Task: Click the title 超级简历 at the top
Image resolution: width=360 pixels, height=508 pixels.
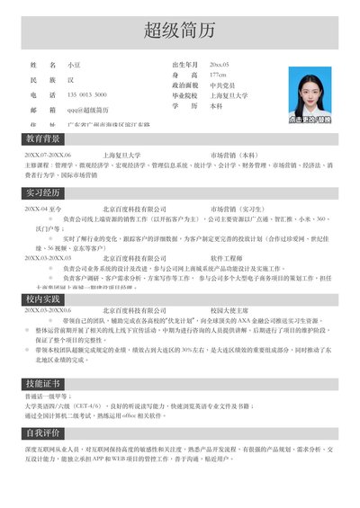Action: coord(180,32)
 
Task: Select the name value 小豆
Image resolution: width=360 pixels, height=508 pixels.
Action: coord(75,66)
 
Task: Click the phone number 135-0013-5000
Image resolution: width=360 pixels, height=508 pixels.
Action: coord(87,94)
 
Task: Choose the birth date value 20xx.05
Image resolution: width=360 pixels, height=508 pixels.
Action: coord(220,66)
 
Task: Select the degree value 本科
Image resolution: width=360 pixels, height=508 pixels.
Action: coord(216,105)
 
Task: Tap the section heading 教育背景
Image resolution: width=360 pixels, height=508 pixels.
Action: coord(44,139)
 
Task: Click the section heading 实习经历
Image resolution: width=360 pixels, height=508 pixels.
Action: coord(44,192)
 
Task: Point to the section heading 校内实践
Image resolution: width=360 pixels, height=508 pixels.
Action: coord(44,299)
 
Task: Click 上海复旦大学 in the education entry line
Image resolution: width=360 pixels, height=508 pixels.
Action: coord(125,156)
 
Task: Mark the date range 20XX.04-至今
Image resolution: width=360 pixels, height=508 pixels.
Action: coord(44,209)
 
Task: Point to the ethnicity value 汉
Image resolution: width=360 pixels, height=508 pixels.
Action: coord(70,80)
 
